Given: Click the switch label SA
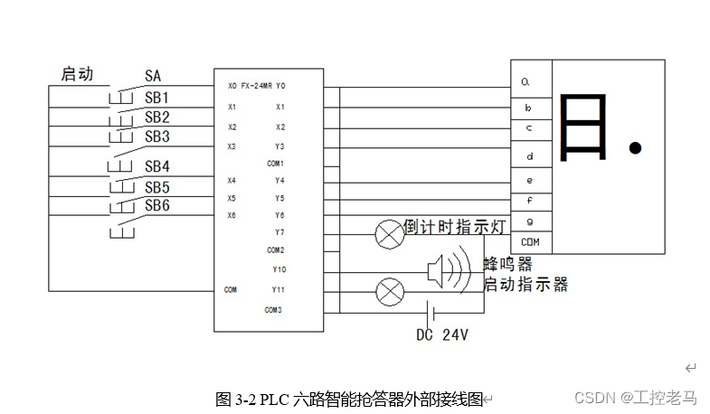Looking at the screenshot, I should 153,76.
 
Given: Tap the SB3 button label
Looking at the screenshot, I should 157,136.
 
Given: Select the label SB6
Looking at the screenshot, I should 157,206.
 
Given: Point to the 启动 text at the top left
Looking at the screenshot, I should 77,73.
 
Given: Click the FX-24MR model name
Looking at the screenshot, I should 256,87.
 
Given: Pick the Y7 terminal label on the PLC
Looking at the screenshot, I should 279,232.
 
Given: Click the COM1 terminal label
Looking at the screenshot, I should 276,164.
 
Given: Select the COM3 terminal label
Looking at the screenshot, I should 274,310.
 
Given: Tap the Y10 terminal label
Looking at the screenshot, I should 279,269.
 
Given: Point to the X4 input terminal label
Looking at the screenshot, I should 232,181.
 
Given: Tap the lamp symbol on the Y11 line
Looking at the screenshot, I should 390,291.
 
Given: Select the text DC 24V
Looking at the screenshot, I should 441,334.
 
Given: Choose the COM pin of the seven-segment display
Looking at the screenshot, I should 530,242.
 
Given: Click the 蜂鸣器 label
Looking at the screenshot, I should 507,264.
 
